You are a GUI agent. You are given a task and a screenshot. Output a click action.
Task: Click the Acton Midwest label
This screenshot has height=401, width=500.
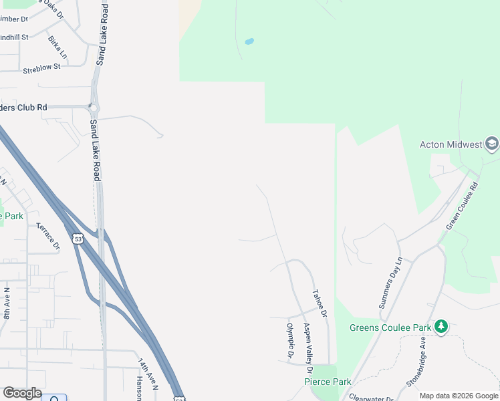[x=451, y=144]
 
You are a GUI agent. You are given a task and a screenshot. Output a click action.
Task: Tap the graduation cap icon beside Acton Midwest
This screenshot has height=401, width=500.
[x=492, y=144]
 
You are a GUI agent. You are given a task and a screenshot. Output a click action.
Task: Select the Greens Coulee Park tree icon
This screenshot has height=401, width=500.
[x=441, y=327]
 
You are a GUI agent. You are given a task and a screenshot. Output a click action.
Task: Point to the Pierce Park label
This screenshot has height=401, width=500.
[x=328, y=382]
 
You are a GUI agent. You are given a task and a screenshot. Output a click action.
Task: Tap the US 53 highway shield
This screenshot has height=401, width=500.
[x=79, y=239]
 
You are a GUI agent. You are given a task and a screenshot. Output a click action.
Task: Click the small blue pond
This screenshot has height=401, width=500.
[x=249, y=41]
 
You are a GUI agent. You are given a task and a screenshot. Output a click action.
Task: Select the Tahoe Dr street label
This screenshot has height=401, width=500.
[x=320, y=303]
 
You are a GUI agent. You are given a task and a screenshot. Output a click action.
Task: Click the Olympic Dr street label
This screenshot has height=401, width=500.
[x=291, y=341]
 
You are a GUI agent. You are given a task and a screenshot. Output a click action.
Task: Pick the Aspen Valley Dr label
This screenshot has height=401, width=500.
[x=307, y=348]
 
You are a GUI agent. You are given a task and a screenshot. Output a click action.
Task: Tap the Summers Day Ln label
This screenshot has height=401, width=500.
[x=391, y=282]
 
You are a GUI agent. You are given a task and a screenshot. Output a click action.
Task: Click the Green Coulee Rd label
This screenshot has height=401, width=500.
[x=462, y=205]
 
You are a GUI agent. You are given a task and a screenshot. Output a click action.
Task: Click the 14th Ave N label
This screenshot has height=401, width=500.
[x=148, y=374]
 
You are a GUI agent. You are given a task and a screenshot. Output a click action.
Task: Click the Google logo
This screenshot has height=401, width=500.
[x=22, y=393]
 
